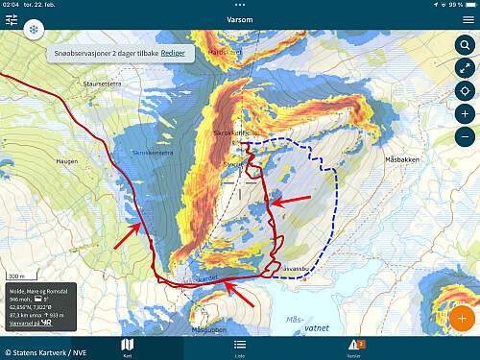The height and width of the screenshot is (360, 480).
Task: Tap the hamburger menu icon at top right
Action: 468,18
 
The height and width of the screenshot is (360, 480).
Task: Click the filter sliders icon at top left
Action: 12,18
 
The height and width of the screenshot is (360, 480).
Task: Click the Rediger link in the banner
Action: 174,52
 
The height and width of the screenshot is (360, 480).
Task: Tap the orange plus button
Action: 462,318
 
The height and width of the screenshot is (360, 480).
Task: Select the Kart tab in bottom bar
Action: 127,347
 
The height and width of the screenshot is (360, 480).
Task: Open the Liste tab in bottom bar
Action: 240,347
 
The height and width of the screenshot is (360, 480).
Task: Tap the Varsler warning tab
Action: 355,347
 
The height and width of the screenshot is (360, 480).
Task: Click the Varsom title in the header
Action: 240,18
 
